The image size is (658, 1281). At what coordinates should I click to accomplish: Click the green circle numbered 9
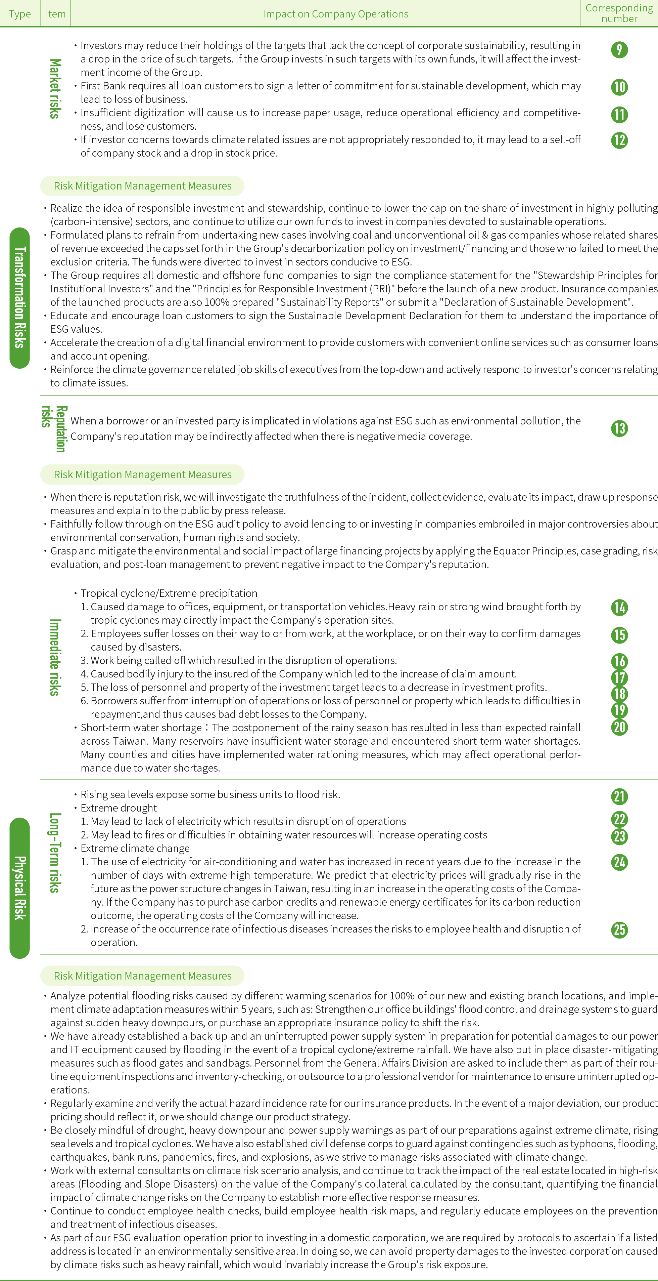(x=619, y=50)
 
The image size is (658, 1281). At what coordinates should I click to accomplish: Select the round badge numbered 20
(x=619, y=727)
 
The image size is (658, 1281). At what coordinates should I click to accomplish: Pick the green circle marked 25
(x=619, y=930)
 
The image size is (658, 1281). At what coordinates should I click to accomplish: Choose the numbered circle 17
(x=619, y=678)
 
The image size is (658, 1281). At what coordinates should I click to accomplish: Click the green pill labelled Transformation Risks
(x=20, y=298)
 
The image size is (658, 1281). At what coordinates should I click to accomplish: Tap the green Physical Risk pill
(x=20, y=887)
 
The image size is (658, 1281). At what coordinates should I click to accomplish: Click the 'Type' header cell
(x=20, y=13)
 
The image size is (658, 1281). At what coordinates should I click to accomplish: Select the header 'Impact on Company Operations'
(x=336, y=14)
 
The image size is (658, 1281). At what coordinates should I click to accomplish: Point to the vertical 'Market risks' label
(x=55, y=88)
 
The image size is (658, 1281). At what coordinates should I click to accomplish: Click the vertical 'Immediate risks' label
(x=55, y=657)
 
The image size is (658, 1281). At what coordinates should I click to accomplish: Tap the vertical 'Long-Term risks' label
(x=55, y=853)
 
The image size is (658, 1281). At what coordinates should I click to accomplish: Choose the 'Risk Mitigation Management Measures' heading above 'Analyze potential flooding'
(x=143, y=976)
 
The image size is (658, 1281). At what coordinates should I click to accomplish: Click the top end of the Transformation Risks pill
(x=20, y=228)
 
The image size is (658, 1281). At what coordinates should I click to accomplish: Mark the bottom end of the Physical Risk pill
(x=20, y=958)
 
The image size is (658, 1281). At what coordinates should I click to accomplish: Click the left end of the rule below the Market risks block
(x=41, y=167)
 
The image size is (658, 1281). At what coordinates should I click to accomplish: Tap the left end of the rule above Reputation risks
(x=41, y=395)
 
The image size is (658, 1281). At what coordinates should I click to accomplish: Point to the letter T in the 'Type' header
(x=11, y=14)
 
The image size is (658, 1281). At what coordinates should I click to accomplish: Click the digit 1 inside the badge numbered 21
(x=622, y=797)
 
